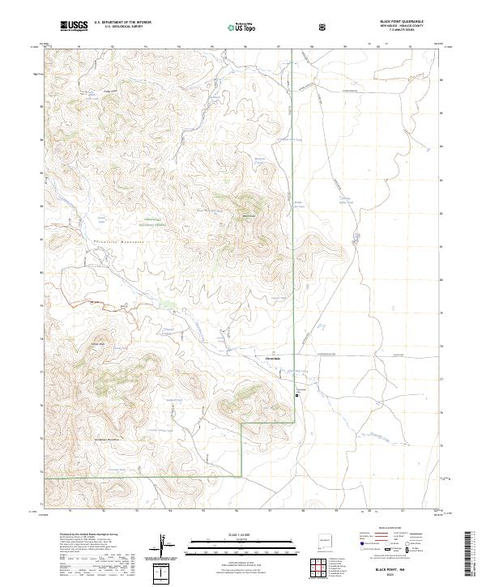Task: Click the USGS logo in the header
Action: [74, 26]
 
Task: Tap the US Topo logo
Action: [236, 26]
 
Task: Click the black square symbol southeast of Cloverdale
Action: [296, 395]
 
